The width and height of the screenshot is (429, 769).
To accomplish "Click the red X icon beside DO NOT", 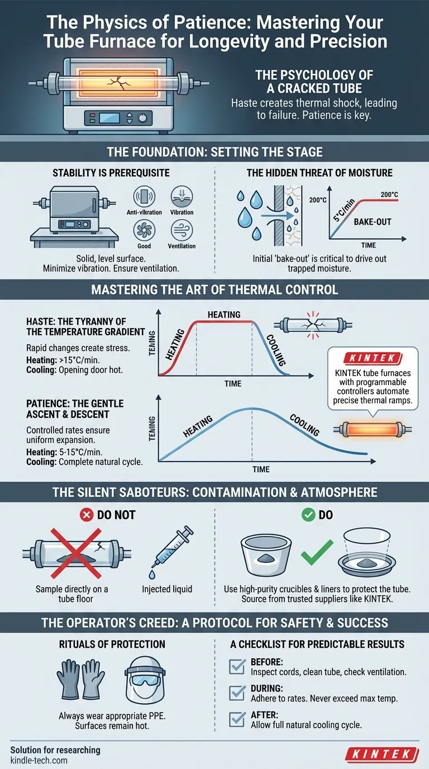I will click(x=87, y=515).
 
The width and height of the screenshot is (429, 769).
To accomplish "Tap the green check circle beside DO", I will click(x=308, y=515).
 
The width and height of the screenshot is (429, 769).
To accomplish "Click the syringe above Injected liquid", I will click(x=173, y=552).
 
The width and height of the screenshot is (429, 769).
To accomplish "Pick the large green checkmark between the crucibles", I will click(x=317, y=555).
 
